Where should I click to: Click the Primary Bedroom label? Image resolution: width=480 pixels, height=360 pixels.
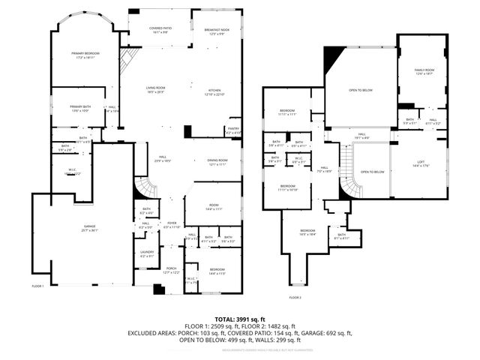pos(85,55)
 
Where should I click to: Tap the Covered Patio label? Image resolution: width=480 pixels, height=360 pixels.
pos(157,29)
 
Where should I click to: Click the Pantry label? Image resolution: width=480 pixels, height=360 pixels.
pos(233,130)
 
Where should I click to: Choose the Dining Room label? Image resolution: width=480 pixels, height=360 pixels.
pos(217,161)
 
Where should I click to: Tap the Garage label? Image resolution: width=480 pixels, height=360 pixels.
pos(90,228)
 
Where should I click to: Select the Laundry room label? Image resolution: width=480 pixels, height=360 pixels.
pos(146,253)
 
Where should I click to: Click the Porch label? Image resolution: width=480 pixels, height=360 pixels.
pos(171,270)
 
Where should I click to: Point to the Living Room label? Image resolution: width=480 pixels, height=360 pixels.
pos(154,89)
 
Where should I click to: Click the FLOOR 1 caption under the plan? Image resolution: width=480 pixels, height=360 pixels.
pos(37,286)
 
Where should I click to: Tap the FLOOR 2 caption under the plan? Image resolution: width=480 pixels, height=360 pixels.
pos(295,298)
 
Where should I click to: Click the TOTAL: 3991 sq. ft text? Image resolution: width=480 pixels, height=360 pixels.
pos(239,318)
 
